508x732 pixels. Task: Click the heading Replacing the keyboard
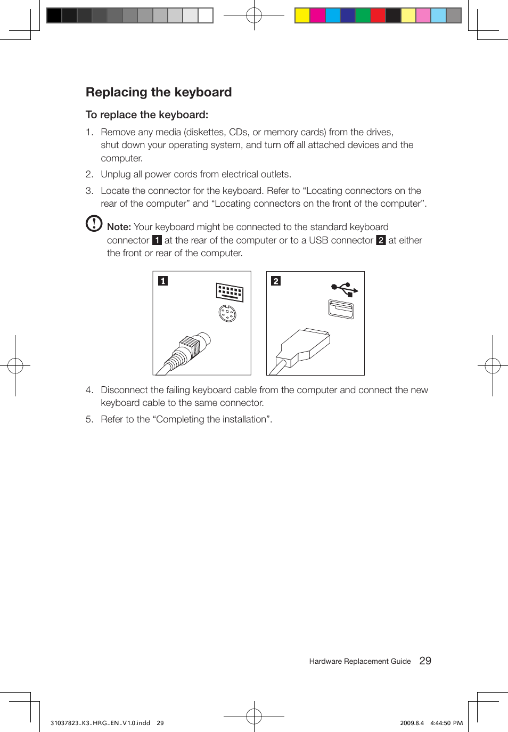coord(159,92)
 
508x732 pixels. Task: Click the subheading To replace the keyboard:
coord(146,115)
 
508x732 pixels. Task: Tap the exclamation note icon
coord(94,223)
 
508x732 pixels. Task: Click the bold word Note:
coord(119,227)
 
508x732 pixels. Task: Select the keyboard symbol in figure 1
coord(230,292)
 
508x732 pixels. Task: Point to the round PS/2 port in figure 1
coord(227,314)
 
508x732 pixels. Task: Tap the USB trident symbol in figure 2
coord(345,289)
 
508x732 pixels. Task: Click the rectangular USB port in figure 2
coord(341,309)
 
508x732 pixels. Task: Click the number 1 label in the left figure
coord(163,281)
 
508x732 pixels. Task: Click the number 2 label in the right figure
coord(276,281)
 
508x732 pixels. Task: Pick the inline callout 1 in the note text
coord(157,240)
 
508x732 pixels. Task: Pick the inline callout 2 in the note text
coord(381,240)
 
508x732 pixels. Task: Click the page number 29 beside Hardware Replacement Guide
coord(425,661)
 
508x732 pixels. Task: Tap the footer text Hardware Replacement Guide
coord(360,661)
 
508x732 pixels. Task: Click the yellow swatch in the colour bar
coord(302,15)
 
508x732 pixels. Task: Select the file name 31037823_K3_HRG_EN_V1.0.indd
coord(100,723)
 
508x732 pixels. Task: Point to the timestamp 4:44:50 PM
coord(446,723)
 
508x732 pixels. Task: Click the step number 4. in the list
coord(89,390)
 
